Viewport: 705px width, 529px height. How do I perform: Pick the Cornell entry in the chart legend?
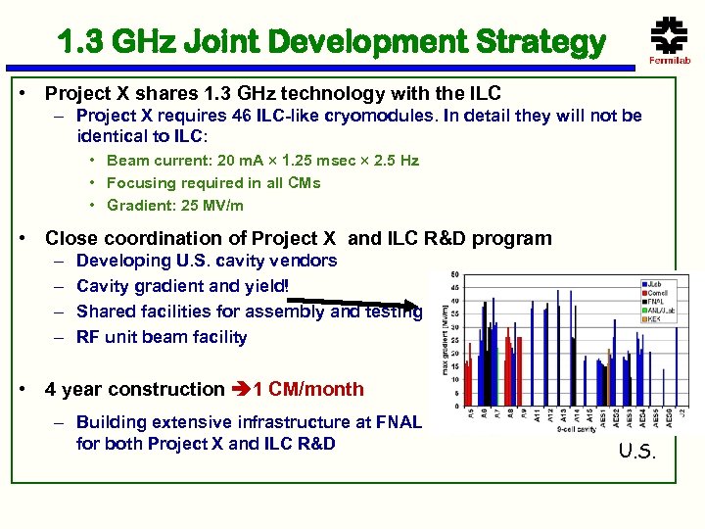655,293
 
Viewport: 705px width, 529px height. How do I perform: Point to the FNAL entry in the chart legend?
653,302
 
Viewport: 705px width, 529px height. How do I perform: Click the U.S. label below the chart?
638,451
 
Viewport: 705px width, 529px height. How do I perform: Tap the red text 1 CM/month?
308,389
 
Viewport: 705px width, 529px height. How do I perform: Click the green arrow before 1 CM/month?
240,389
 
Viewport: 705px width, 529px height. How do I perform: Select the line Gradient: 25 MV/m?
174,206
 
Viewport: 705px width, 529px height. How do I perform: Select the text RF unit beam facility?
162,337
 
